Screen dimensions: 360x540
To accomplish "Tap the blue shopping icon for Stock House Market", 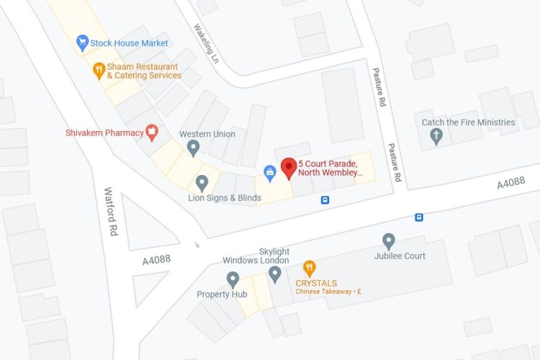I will pos(82,43).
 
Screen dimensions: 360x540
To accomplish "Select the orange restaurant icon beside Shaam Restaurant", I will pos(99,71).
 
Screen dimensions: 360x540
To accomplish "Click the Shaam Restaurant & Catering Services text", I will pos(144,71).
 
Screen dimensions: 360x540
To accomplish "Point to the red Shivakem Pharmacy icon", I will pos(152,131).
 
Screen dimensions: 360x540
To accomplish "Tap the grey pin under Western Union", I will pos(193,148).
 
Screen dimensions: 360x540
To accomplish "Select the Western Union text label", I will pos(207,134).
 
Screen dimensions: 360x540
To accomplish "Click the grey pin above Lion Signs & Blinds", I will pos(202,183).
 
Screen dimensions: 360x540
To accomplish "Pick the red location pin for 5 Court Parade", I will pos(289,168).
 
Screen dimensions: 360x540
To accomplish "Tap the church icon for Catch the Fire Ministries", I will pos(436,138).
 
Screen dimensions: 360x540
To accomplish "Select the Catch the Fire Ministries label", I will pos(469,122).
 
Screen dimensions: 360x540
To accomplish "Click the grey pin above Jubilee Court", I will pos(389,241).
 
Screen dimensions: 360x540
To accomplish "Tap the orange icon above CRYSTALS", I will pos(310,269).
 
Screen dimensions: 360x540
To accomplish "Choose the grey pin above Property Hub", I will pos(233,279).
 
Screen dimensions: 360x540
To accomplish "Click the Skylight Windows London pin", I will pos(274,274).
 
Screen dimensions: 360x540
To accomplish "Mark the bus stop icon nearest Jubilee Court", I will pos(419,217).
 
